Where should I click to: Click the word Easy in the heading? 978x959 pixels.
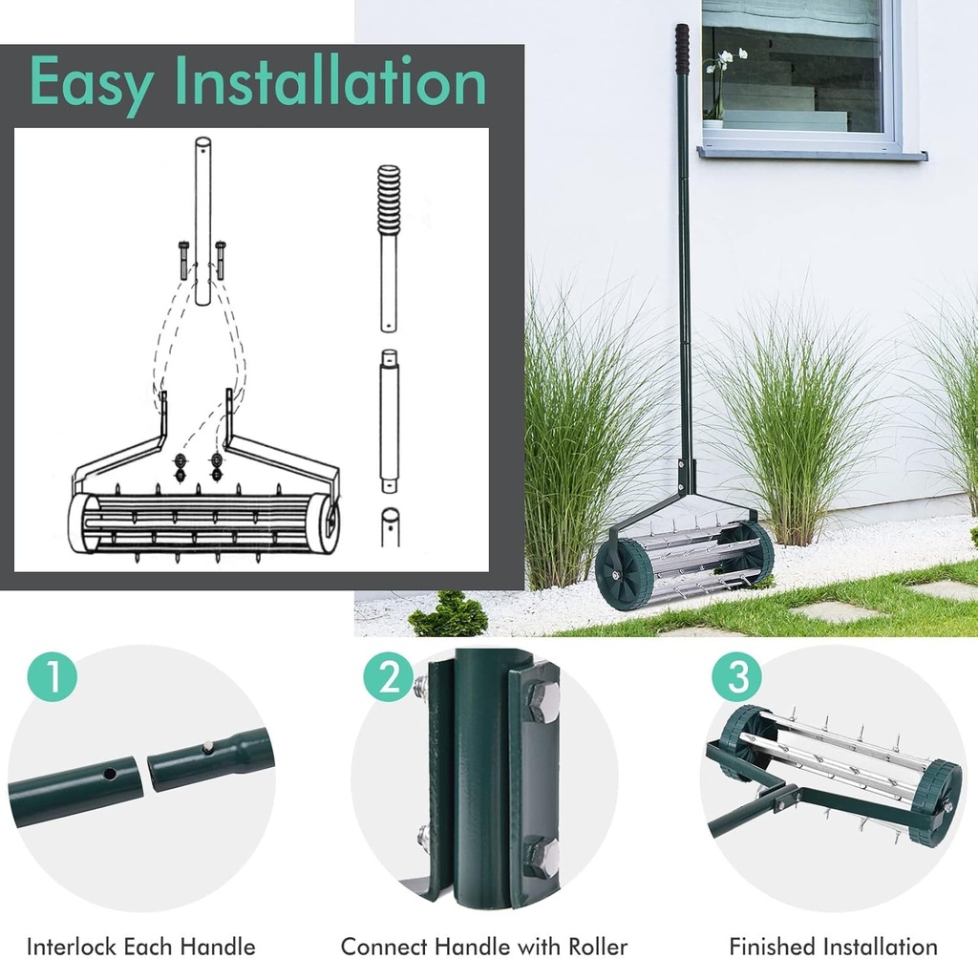(92, 85)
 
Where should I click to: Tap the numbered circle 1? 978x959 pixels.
(52, 677)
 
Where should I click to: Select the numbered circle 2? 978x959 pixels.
(388, 677)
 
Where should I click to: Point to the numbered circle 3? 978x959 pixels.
(737, 677)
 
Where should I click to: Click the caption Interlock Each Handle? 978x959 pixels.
(141, 946)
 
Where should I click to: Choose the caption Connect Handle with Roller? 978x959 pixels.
(483, 946)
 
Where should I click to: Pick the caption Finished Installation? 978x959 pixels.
(833, 946)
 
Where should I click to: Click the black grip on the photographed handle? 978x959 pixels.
(682, 48)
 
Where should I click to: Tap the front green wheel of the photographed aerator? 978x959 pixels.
(623, 574)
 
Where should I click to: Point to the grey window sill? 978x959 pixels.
(812, 153)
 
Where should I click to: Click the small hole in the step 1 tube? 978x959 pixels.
(112, 773)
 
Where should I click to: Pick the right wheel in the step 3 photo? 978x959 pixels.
(934, 801)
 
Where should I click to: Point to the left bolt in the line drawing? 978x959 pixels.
(183, 259)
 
